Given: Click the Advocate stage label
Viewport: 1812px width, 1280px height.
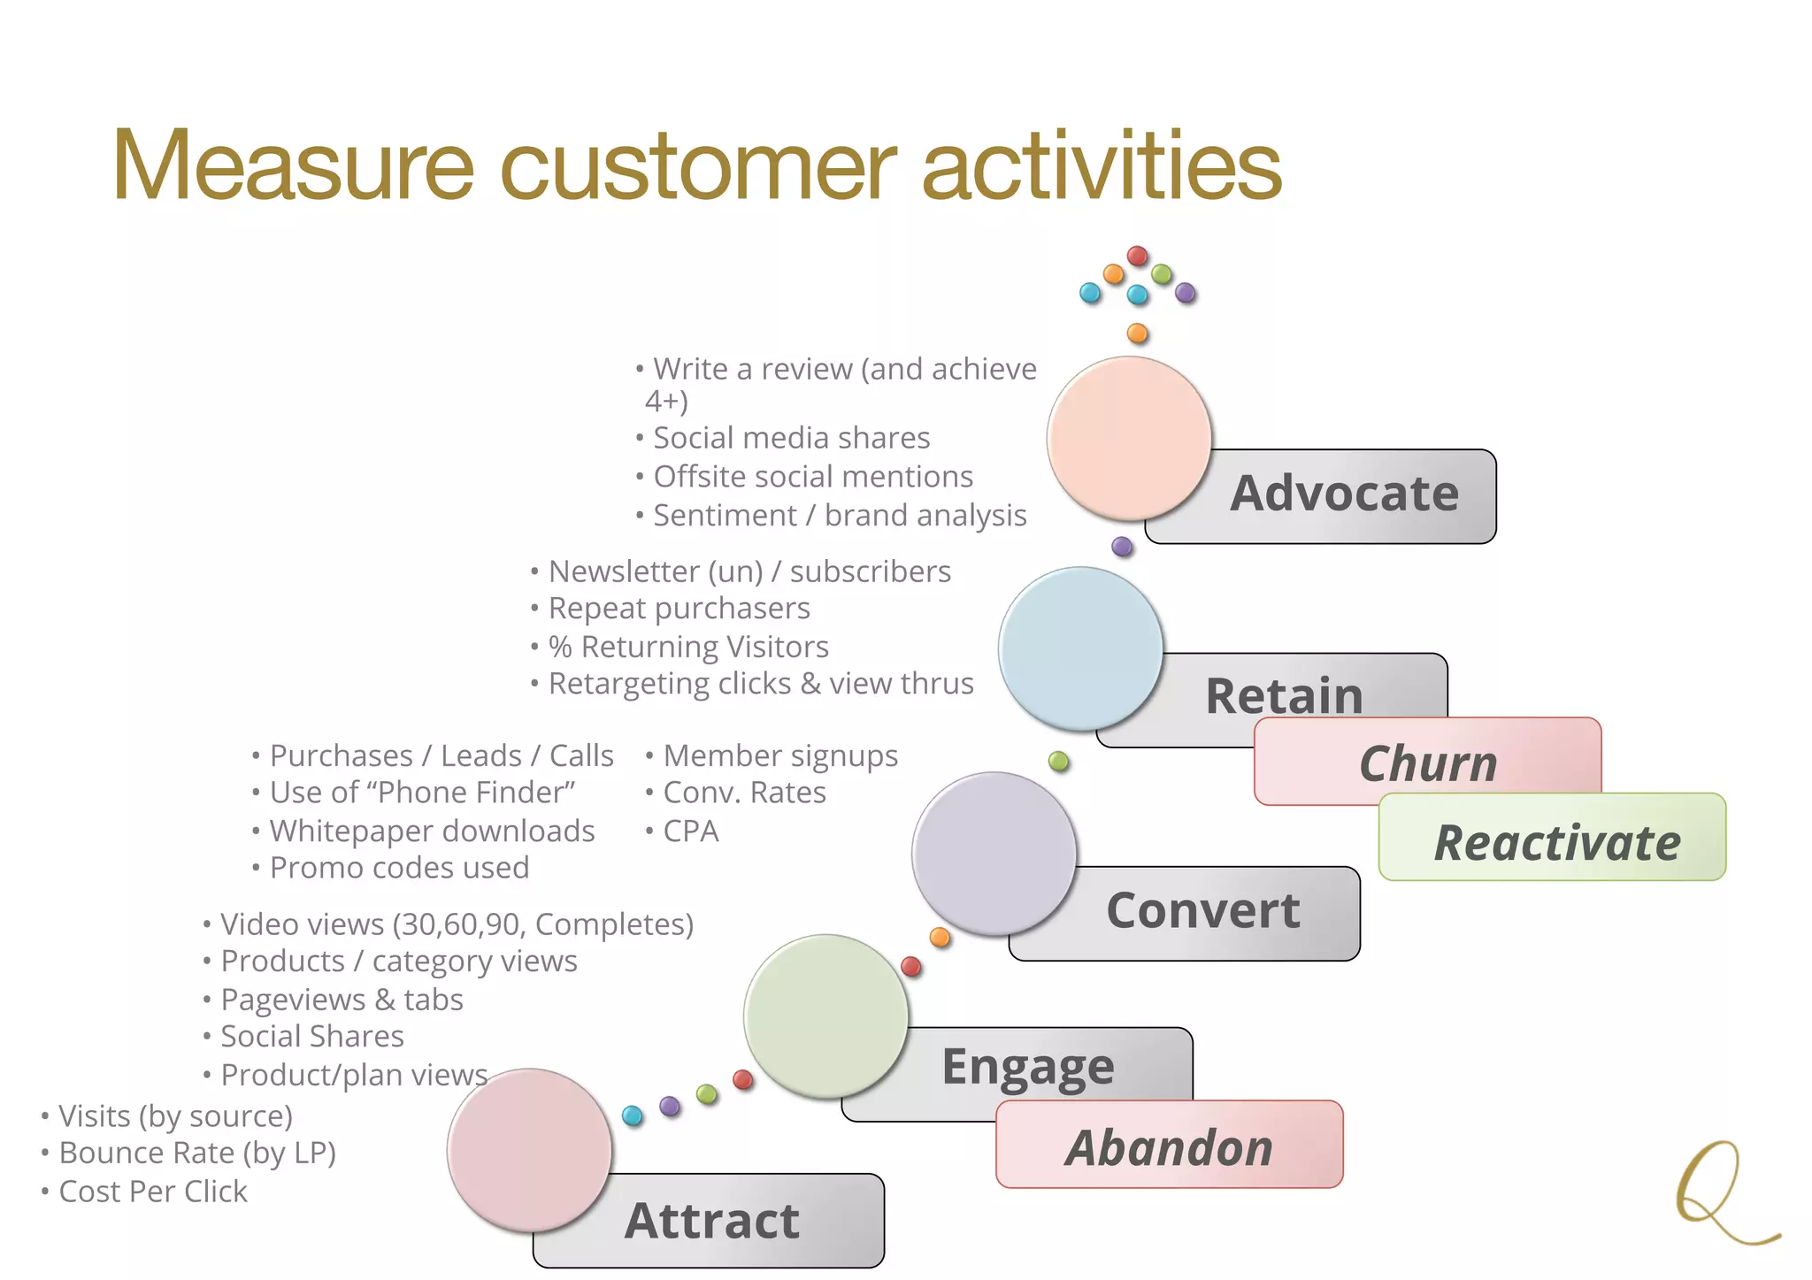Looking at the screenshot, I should (1343, 494).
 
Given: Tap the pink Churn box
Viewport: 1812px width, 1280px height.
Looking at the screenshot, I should (1427, 763).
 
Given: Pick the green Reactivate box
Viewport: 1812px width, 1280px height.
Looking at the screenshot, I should (1555, 841).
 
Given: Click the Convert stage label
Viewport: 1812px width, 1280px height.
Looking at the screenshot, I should (1203, 911).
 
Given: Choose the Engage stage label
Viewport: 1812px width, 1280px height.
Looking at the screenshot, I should (1027, 1066).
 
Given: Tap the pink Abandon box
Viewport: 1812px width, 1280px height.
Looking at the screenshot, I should (1169, 1147).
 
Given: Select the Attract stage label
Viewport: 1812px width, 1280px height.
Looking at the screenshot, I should (711, 1221).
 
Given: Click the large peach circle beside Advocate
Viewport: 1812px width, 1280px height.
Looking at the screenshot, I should (1129, 438).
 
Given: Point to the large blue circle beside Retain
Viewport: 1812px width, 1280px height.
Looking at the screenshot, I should (1080, 648).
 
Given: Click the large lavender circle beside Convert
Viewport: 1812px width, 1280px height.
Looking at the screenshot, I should (994, 854).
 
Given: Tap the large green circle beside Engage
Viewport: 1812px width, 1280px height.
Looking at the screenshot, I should (825, 1016).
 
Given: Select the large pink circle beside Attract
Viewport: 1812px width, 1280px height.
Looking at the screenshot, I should (529, 1150).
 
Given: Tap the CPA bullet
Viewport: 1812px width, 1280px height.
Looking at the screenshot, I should (690, 832).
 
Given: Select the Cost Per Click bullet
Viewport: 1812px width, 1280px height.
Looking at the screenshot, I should (152, 1192).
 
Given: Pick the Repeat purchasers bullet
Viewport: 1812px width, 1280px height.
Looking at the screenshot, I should (678, 609).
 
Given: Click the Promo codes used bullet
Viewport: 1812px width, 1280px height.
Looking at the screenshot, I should (398, 868).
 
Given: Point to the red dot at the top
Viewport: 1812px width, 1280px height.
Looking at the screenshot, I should (1137, 257).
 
